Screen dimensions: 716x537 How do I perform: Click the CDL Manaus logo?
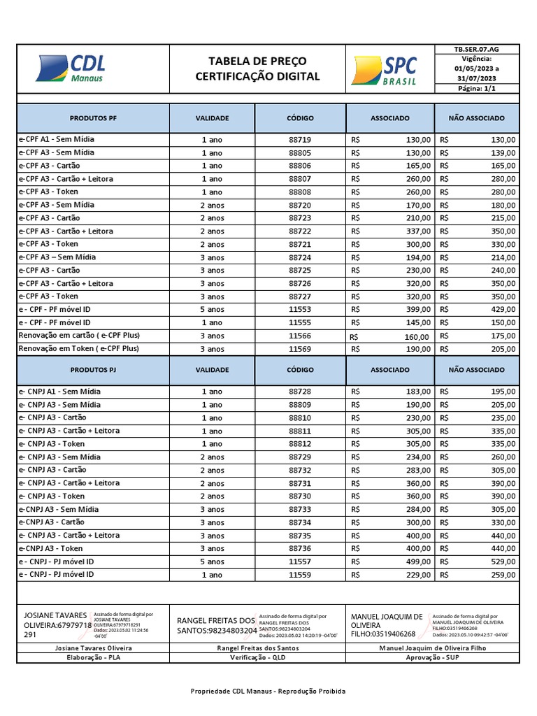click(x=71, y=69)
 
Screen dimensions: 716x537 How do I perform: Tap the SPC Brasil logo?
click(x=385, y=70)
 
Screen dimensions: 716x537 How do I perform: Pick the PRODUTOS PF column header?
click(x=93, y=118)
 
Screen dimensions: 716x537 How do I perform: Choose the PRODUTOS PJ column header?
click(x=93, y=370)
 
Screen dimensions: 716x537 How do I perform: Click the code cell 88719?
click(x=300, y=140)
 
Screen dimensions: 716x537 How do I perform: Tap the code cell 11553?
click(x=300, y=309)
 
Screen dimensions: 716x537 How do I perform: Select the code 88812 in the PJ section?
click(x=300, y=444)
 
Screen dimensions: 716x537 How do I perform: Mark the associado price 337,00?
click(x=418, y=231)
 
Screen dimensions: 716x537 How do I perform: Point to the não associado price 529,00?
click(x=503, y=561)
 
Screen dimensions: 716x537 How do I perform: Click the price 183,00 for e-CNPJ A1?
click(x=418, y=392)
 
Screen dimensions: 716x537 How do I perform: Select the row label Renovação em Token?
click(x=78, y=348)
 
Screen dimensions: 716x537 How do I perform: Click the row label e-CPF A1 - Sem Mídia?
click(x=56, y=139)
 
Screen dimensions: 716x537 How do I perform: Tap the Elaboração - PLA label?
click(x=93, y=658)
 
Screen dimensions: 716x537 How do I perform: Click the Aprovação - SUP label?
click(x=432, y=658)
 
